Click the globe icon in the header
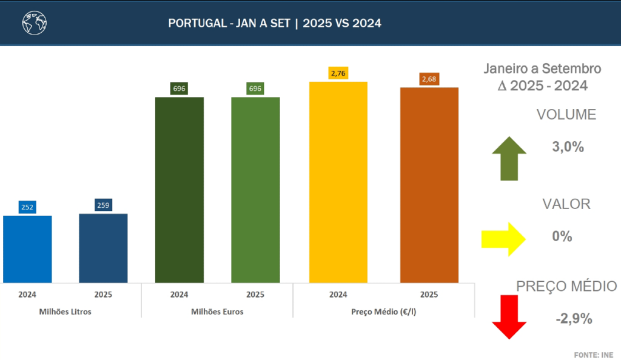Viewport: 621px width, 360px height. tap(35, 23)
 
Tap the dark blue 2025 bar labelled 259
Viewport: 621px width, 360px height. tap(103, 248)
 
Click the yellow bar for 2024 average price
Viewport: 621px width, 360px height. tap(338, 182)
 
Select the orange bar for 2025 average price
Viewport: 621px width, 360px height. tap(429, 185)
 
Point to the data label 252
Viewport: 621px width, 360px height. tap(27, 207)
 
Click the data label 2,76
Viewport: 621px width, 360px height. tap(338, 73)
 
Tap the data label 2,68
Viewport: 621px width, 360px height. tap(429, 79)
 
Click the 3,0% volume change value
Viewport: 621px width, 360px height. tap(568, 147)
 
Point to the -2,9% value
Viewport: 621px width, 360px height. tap(573, 318)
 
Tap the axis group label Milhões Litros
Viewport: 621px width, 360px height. tap(65, 312)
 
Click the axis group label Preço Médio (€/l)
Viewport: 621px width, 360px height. tap(383, 312)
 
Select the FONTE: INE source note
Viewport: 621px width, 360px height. tap(594, 354)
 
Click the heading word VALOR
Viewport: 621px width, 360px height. tap(566, 204)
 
